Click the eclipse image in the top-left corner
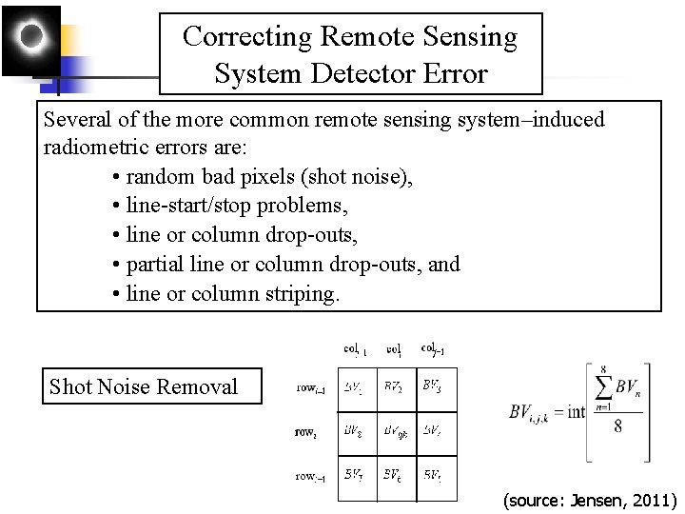coord(31,40)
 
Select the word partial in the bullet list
coord(158,264)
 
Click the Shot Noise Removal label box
coord(151,386)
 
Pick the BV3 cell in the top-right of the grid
coord(433,387)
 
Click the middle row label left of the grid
coord(304,431)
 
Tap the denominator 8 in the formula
coord(617,426)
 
